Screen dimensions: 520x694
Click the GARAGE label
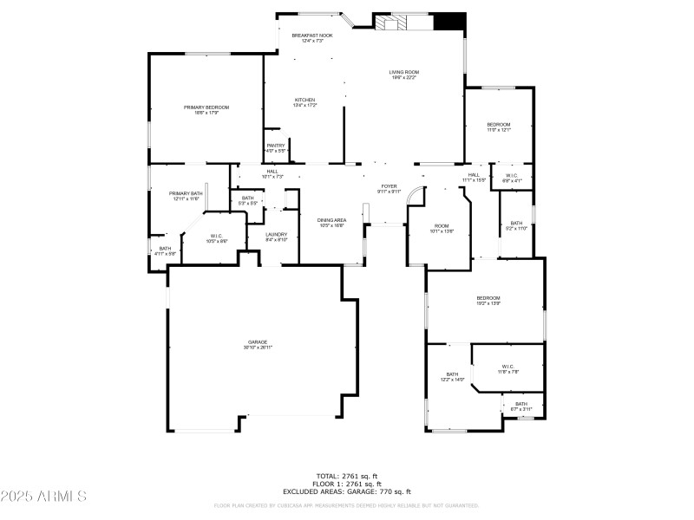click(x=258, y=344)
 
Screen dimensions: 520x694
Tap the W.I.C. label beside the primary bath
click(x=217, y=238)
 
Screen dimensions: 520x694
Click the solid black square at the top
click(x=448, y=23)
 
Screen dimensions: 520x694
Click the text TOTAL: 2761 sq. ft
click(x=346, y=475)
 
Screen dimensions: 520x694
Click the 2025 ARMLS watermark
click(x=43, y=497)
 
